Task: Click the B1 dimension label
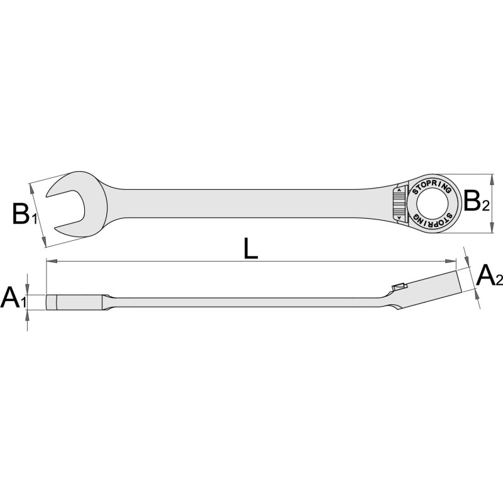click(25, 214)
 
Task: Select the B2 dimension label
click(477, 201)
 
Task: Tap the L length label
click(250, 248)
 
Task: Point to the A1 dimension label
click(13, 297)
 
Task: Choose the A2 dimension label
click(489, 276)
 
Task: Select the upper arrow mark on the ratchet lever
click(399, 191)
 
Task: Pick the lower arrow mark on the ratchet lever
click(399, 218)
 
